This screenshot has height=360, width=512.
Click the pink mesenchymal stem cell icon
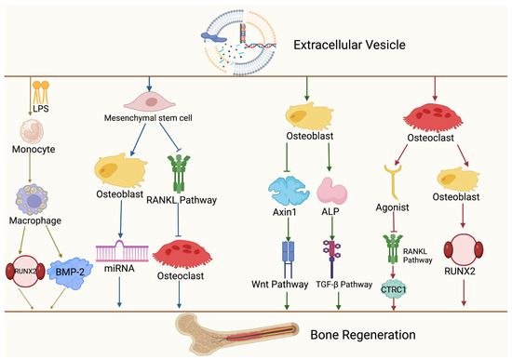(149, 101)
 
